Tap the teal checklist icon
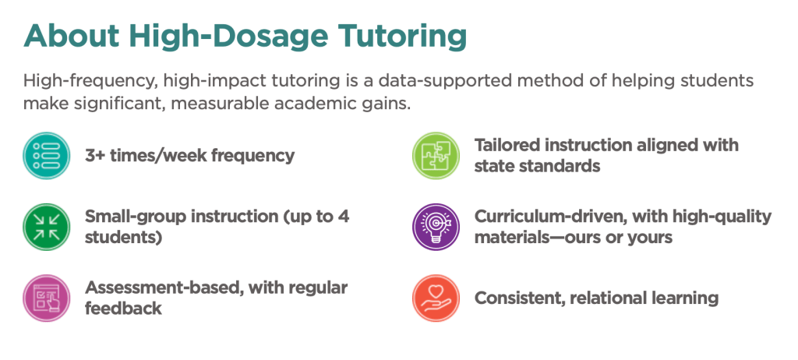44,154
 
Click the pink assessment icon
44,297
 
